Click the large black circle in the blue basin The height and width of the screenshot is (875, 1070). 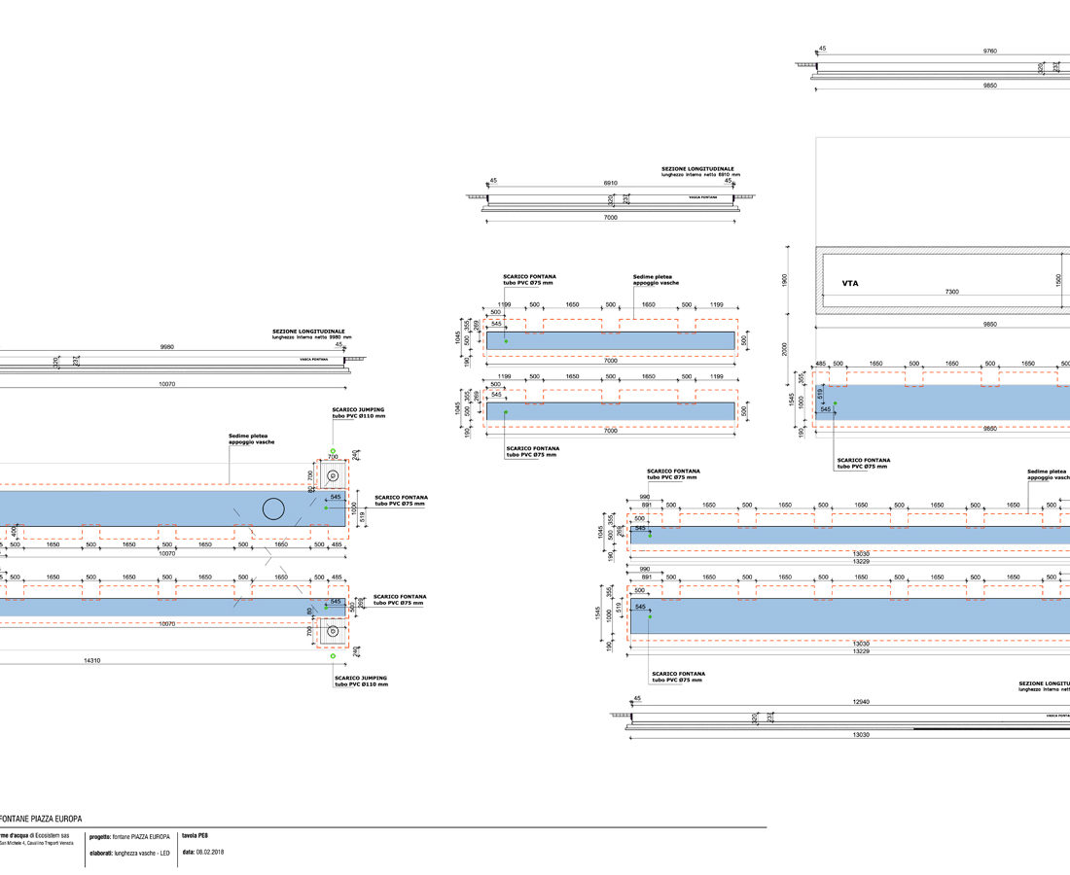[273, 507]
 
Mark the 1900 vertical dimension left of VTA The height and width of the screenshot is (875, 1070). [785, 280]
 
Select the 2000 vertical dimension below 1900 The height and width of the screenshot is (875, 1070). [785, 349]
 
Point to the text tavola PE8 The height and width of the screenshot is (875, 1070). [196, 835]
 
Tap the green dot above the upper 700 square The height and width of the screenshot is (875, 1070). [333, 451]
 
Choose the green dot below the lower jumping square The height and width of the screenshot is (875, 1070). [333, 656]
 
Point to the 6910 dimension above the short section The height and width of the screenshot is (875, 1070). [610, 183]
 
